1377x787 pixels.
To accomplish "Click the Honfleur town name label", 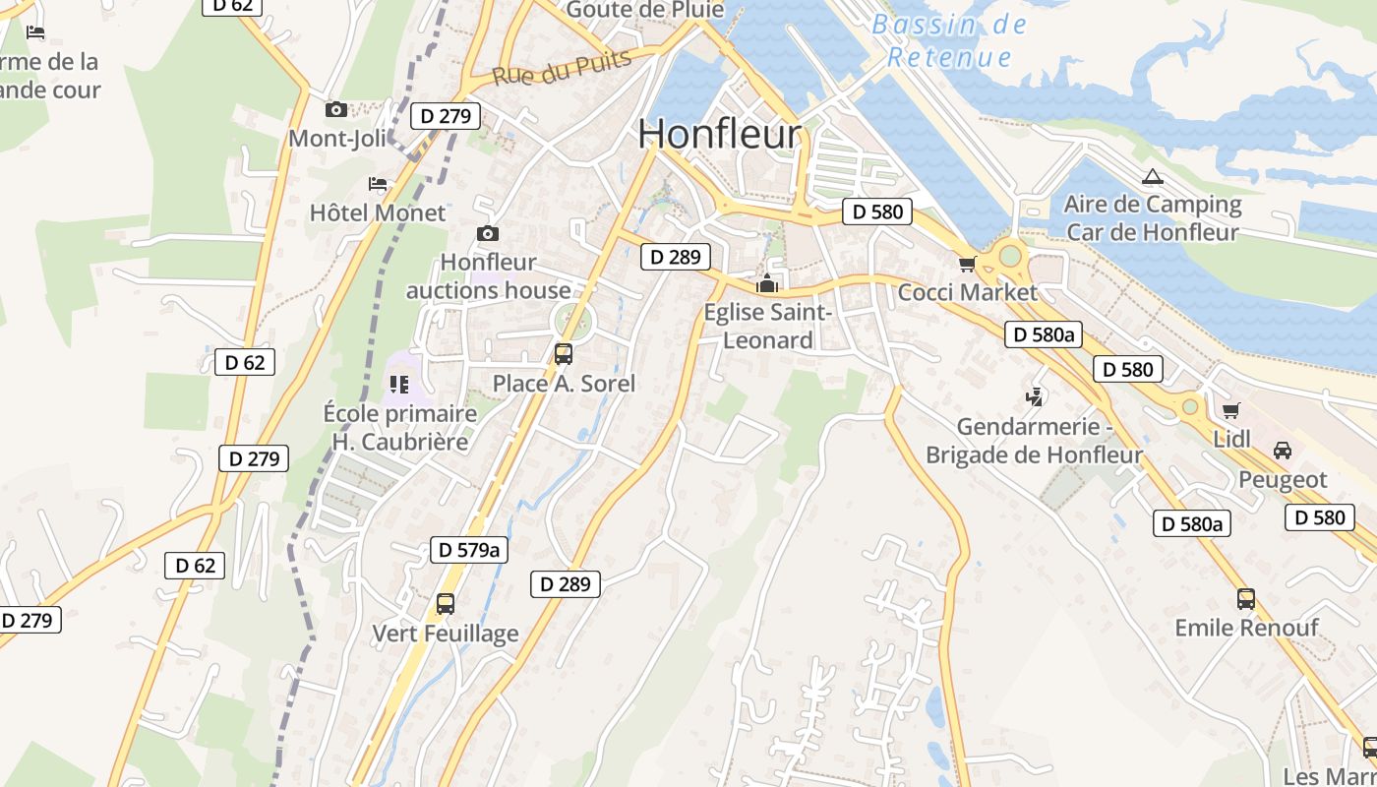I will coord(720,135).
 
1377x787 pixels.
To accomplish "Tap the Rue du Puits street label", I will coord(562,67).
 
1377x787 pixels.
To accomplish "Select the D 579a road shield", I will coord(469,550).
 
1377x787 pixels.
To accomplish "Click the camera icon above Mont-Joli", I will coord(336,109).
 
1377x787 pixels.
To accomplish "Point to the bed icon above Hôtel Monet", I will coord(378,183).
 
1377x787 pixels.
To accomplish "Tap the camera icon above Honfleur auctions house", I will coord(487,233).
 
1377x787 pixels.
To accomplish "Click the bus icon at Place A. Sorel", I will coord(564,354).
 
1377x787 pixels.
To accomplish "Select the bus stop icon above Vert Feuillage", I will coord(446,604).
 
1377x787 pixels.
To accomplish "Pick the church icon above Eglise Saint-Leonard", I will coord(766,284).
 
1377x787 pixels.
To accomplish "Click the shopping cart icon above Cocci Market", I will coord(967,264).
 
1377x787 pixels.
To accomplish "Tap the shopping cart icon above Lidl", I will coord(1230,410).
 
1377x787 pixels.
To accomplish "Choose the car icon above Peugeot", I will coord(1282,451).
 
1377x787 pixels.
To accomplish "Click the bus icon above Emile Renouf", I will coord(1245,598).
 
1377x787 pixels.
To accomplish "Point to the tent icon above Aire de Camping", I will coord(1153,177).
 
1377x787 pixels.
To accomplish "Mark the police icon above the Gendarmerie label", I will coord(1034,397).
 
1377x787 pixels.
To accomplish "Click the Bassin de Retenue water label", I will coord(949,40).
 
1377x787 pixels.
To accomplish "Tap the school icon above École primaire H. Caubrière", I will coord(398,384).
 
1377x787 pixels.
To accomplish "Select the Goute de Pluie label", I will coord(645,10).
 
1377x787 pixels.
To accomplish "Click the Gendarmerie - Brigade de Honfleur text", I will coord(1034,441).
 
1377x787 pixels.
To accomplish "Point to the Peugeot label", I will coord(1283,480).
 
